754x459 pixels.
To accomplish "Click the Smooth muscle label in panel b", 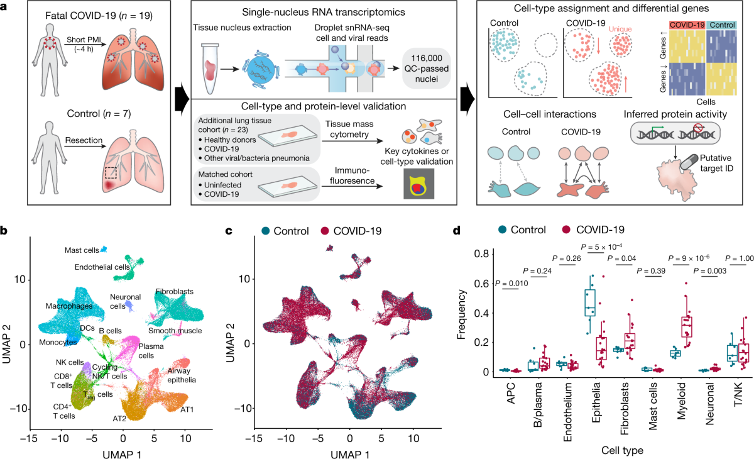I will [x=171, y=330].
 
